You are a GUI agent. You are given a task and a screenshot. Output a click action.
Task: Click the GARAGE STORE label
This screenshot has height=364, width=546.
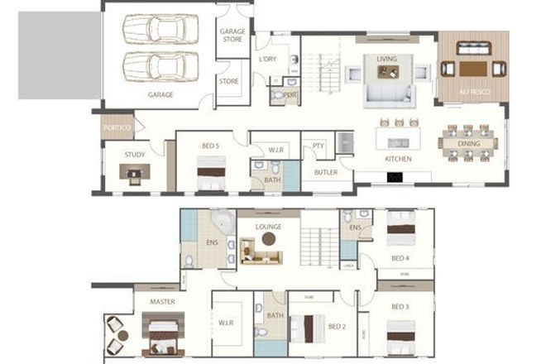[x=232, y=36]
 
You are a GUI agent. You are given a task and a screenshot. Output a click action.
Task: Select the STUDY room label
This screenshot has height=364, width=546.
[x=135, y=155]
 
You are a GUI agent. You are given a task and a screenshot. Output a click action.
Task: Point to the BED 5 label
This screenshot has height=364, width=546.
[x=211, y=146]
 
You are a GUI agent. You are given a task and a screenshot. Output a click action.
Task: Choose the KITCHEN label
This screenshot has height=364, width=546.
[x=398, y=158]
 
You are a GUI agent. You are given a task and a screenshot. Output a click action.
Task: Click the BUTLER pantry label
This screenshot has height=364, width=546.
[x=318, y=174]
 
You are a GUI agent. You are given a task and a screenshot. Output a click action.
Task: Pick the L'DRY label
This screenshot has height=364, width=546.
[x=267, y=60]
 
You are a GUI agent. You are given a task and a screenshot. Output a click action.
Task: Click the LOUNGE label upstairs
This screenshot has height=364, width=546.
[x=268, y=227]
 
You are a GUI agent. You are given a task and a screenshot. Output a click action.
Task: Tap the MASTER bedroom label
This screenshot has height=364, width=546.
[x=162, y=302]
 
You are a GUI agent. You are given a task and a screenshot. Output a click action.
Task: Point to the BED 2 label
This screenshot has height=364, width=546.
[x=337, y=326]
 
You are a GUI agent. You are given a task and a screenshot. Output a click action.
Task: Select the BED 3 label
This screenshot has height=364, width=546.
[x=400, y=306]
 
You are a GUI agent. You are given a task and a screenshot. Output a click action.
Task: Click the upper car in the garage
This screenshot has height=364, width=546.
[x=160, y=29]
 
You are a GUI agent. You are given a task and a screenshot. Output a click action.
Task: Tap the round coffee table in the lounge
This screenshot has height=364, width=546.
[x=268, y=239]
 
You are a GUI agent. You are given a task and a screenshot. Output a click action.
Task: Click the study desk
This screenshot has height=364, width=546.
[x=135, y=171]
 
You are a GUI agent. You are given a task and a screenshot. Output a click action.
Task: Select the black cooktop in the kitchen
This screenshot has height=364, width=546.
[x=395, y=176]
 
